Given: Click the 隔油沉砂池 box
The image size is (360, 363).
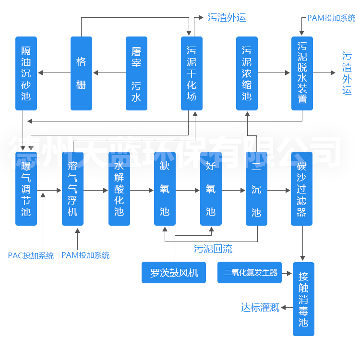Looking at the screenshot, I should point(26,73).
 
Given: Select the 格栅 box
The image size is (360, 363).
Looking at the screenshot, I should point(81,73).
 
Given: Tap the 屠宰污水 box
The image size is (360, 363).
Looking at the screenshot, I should point(136,73).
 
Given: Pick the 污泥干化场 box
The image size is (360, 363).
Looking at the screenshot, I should point(192,73).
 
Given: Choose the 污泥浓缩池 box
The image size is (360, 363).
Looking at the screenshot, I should point(247,73).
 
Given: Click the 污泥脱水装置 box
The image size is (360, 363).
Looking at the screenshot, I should point(302,73).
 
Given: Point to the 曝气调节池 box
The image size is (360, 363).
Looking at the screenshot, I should point(26,189).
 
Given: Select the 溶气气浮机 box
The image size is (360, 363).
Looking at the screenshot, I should point(72,189).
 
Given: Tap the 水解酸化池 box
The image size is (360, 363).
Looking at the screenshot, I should point(119,189).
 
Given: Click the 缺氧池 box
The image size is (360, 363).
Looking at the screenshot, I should point(165,189).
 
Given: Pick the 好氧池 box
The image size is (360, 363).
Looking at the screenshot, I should point(211,189).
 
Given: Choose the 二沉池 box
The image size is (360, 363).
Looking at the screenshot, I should point(256,189).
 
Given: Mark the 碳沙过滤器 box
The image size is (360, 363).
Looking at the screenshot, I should point(301,189).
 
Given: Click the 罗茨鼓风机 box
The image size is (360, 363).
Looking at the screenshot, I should point(174,273).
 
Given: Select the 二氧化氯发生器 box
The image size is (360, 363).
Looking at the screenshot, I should point(251,273).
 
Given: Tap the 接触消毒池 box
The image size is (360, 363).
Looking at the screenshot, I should point(303,299).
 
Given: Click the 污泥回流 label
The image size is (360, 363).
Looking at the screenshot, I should point(213,249).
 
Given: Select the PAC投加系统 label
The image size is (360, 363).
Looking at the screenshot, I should point(31,255).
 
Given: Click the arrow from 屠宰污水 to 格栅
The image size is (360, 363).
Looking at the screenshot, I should point(109,73).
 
